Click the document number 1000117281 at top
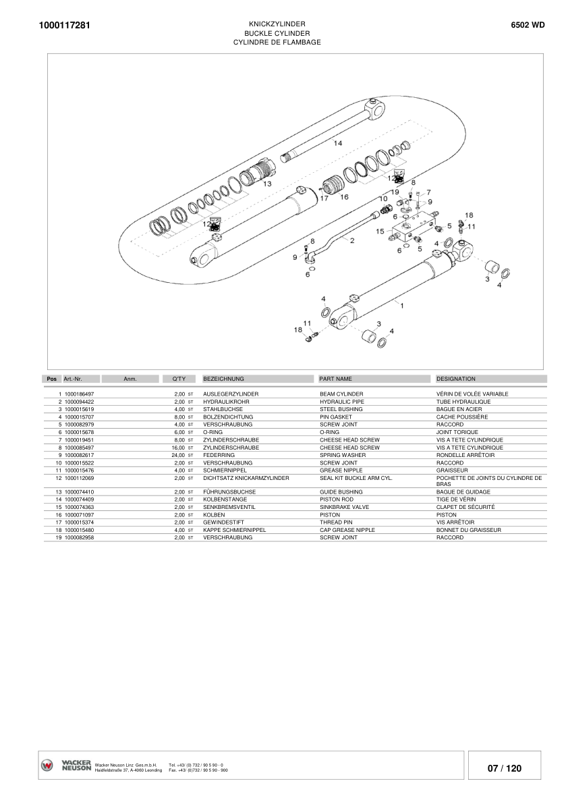coord(65,26)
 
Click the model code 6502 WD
coord(528,25)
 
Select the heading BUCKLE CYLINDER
coord(277,32)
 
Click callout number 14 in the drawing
coord(337,143)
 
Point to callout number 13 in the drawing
coord(267,183)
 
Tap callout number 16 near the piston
coord(344,197)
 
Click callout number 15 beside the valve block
coord(380,231)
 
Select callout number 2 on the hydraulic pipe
coord(351,241)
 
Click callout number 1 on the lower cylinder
coord(402,305)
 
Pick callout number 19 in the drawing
coord(395,192)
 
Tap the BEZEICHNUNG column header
coord(223,379)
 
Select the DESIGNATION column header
coord(456,379)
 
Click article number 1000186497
coord(79,394)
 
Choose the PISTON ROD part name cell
coord(336,500)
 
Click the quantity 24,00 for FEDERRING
coord(179,455)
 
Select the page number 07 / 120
coord(505,768)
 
